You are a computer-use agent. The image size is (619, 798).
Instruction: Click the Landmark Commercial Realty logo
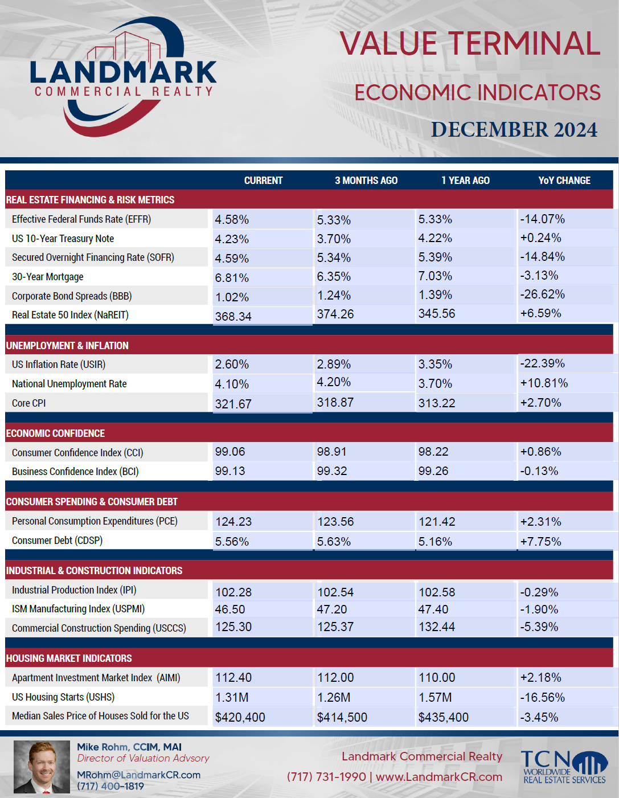click(124, 76)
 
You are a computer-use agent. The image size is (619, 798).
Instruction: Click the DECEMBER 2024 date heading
click(514, 130)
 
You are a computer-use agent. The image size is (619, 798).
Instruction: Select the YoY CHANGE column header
click(564, 181)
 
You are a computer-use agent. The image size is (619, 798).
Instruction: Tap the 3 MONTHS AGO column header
click(366, 181)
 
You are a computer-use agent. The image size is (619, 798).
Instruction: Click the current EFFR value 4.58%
click(232, 220)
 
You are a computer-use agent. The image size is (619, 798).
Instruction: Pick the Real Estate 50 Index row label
click(70, 315)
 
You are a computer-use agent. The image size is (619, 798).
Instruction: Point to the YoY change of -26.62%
click(542, 294)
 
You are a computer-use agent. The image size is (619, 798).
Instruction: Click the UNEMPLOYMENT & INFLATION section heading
click(67, 346)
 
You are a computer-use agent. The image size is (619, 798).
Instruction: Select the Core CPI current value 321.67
click(233, 404)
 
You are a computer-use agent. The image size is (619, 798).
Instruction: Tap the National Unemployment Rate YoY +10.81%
click(544, 383)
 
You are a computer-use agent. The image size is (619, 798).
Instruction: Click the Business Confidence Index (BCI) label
click(75, 471)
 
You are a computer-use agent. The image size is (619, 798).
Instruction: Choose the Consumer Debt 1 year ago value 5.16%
click(435, 541)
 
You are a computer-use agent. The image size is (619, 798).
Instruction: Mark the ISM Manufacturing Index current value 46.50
click(230, 609)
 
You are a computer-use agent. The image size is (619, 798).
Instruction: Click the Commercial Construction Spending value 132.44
click(437, 627)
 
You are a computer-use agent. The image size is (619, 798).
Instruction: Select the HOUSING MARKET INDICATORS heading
click(69, 658)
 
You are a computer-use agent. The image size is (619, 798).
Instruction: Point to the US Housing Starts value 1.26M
click(334, 697)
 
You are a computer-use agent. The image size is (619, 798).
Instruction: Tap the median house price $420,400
click(240, 717)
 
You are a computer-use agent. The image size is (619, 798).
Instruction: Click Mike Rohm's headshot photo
click(42, 767)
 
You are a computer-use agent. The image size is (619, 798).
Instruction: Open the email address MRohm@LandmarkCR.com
click(139, 775)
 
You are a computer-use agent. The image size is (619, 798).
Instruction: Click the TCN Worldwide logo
click(564, 767)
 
